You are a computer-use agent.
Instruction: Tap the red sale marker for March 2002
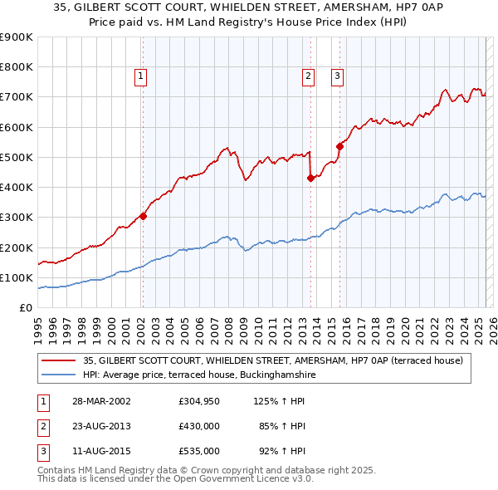pos(143,216)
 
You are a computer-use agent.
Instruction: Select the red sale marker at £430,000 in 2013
pos(310,178)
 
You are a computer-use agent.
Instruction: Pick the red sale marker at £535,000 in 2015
pos(339,146)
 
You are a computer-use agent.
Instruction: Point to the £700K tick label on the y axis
pos(17,97)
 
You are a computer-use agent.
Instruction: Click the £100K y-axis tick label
pos(17,277)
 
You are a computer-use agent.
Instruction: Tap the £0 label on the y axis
pos(25,308)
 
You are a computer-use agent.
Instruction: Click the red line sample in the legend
pos(58,360)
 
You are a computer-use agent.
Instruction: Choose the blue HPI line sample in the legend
pos(58,375)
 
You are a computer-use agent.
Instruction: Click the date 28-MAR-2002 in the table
pos(102,401)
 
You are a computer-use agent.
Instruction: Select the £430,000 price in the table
pos(198,426)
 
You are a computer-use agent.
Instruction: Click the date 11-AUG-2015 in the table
pos(102,451)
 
